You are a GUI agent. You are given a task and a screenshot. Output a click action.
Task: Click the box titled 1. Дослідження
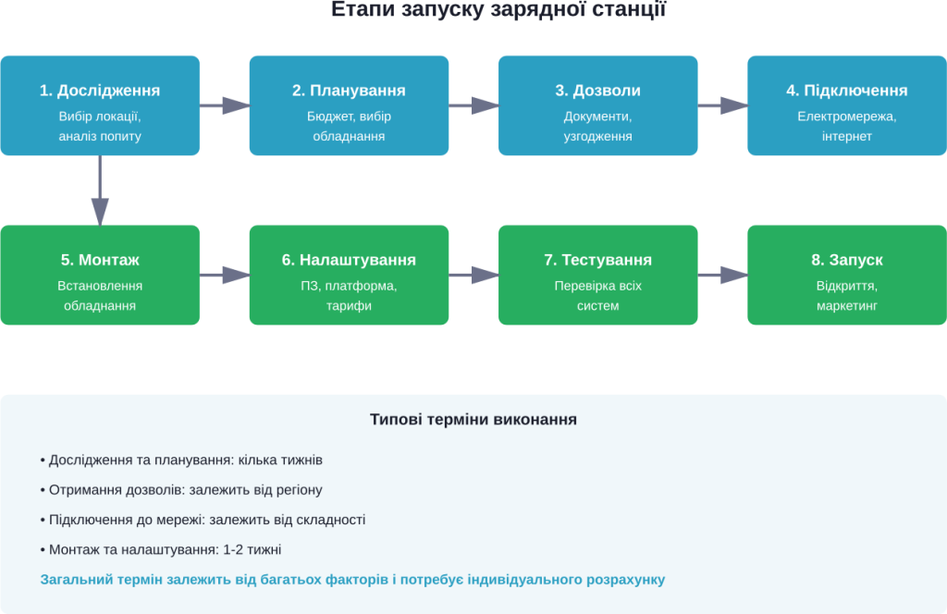pos(100,104)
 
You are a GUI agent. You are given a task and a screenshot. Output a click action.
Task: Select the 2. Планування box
pos(349,104)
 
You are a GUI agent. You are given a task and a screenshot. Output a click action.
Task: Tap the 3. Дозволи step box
pos(597,104)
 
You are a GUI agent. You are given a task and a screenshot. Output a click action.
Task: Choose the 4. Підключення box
pos(846,104)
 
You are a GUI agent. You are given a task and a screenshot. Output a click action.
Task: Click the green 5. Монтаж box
pos(100,275)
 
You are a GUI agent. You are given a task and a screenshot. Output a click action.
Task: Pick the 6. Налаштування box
pos(349,275)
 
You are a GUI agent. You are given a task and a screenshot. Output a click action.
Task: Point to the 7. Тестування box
pos(597,275)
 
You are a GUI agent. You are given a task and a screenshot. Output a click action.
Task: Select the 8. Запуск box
pos(846,275)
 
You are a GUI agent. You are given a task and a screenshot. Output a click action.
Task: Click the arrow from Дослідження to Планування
pos(225,105)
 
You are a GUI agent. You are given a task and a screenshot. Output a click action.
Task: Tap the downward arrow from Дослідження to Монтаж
pos(100,190)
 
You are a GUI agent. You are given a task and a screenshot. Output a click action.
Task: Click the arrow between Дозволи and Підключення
pos(722,105)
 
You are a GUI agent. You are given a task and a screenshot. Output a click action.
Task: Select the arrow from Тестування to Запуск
pos(722,275)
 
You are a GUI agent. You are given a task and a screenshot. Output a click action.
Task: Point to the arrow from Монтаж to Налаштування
pos(225,275)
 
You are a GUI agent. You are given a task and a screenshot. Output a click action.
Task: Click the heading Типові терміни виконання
pos(473,420)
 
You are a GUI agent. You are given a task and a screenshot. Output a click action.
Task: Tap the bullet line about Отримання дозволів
pos(181,490)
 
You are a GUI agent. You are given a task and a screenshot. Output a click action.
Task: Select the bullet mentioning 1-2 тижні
pos(161,549)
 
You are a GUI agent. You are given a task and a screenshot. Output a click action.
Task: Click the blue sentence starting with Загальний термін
pos(352,580)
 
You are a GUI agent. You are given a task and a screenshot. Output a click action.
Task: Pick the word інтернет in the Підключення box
pos(846,136)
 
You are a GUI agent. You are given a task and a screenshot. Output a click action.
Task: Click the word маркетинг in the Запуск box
pos(846,305)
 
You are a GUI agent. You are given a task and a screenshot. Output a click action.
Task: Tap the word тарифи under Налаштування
pos(349,305)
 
